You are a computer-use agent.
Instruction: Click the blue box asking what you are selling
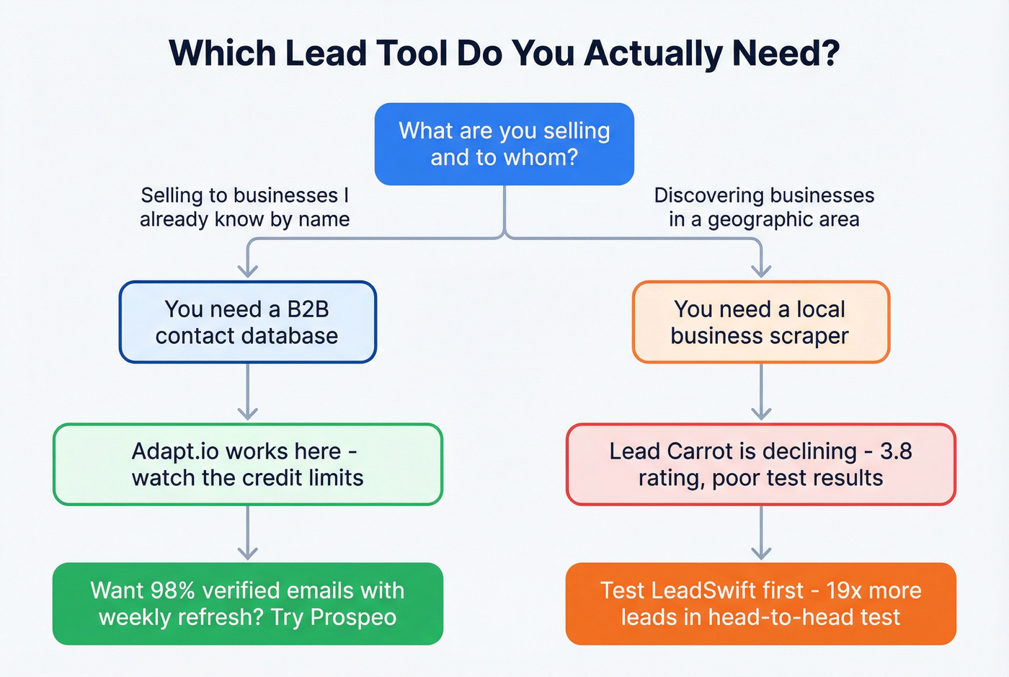[504, 144]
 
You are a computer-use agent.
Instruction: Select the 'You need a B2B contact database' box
[247, 322]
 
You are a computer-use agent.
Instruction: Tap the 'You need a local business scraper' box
[760, 322]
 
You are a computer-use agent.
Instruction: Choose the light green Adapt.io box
[247, 464]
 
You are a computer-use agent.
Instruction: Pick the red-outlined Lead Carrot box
[760, 464]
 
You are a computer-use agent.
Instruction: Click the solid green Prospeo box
[247, 603]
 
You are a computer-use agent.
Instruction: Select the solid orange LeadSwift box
[760, 603]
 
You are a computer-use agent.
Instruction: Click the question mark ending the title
[831, 53]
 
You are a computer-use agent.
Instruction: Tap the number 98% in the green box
[172, 590]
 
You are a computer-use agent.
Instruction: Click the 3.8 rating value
[896, 451]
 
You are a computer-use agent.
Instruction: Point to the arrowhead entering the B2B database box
[247, 272]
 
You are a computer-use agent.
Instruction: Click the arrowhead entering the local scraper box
[761, 272]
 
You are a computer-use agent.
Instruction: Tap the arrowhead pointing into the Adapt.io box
[247, 414]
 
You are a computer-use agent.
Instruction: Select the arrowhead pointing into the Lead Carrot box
[761, 414]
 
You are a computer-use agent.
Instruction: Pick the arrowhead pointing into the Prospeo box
[247, 554]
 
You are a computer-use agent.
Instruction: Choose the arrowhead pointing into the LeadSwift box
[761, 554]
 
